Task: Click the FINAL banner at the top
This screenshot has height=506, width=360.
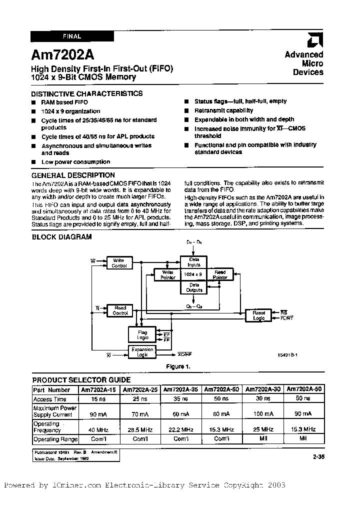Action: tap(72, 36)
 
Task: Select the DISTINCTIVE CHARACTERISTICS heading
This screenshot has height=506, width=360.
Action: tap(86, 93)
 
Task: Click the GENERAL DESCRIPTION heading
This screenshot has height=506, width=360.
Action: tap(73, 175)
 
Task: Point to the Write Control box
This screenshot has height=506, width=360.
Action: tap(118, 263)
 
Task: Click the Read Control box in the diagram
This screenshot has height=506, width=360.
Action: tap(120, 310)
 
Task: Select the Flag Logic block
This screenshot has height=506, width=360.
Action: tap(142, 334)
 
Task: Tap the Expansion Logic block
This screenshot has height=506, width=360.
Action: tap(143, 352)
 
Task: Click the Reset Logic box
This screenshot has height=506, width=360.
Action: tap(258, 315)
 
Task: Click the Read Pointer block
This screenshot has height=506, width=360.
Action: tap(220, 274)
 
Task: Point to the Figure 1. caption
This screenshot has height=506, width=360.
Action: tap(178, 366)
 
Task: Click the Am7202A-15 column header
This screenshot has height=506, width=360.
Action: tap(98, 389)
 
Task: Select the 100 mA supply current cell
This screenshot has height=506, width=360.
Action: tap(262, 414)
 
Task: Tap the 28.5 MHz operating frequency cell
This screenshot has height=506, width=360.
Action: tap(139, 429)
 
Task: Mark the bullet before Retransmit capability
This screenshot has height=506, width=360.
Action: tap(185, 110)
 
